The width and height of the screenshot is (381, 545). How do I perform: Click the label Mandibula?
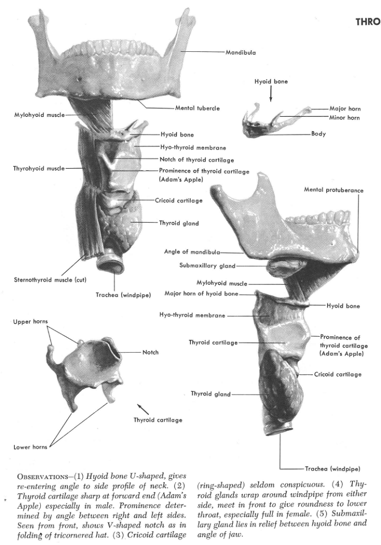(x=240, y=52)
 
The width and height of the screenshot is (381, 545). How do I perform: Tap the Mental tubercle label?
(x=197, y=108)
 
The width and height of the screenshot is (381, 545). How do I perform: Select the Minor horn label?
(x=345, y=118)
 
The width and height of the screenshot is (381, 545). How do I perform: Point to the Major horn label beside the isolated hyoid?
(x=345, y=109)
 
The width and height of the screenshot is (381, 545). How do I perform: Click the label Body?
(x=319, y=134)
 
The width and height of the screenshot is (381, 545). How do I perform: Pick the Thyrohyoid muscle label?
(x=39, y=168)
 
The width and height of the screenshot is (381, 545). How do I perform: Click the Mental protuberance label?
(x=334, y=190)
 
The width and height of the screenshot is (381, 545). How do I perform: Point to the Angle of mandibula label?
(x=192, y=252)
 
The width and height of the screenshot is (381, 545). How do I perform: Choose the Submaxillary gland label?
(x=207, y=266)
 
